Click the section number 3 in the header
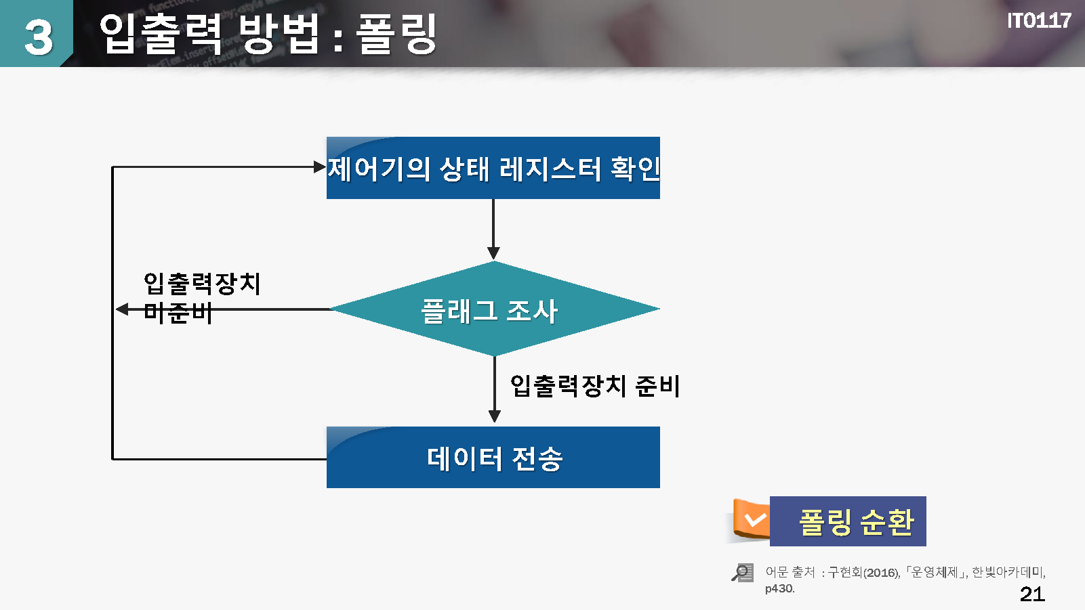click(x=38, y=37)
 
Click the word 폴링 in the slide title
click(x=396, y=33)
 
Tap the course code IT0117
click(x=1038, y=21)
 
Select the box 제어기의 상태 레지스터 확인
click(x=493, y=168)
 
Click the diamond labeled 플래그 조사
click(x=494, y=309)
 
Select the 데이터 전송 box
click(x=493, y=457)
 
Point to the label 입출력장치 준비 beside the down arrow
click(x=595, y=386)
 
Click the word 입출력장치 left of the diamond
click(x=202, y=284)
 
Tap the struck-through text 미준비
click(x=178, y=313)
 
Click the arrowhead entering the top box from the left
click(x=320, y=167)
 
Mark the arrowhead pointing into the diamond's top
click(x=493, y=253)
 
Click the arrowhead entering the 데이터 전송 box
click(x=495, y=416)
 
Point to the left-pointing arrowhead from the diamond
click(x=122, y=309)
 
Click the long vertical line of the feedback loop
click(x=112, y=313)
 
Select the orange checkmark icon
click(x=752, y=519)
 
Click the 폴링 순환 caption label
click(x=856, y=522)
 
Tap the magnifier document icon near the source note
click(x=743, y=572)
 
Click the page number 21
click(x=1032, y=594)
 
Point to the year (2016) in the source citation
click(x=882, y=573)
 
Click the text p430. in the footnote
click(x=780, y=589)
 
